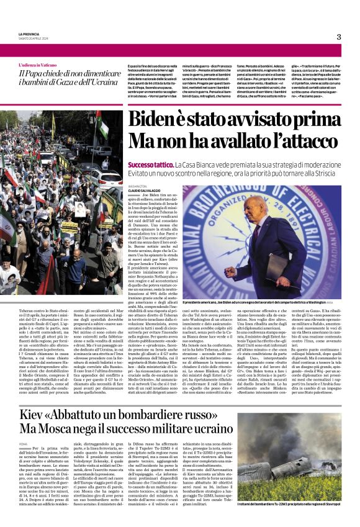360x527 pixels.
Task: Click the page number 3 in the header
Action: point(339,37)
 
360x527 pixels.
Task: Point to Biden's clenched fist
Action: point(231,271)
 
